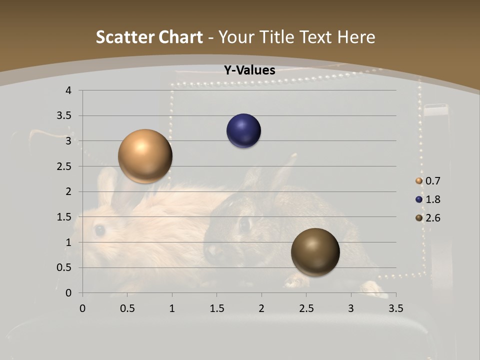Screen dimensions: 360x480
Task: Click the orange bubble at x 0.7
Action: pyautogui.click(x=145, y=156)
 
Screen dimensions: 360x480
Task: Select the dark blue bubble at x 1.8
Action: pyautogui.click(x=244, y=131)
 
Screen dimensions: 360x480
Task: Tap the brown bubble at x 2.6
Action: pyautogui.click(x=315, y=252)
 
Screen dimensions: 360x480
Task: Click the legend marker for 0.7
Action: pyautogui.click(x=419, y=181)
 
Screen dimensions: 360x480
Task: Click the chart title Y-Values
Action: pyautogui.click(x=249, y=70)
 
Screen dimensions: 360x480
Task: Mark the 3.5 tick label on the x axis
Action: pyautogui.click(x=395, y=308)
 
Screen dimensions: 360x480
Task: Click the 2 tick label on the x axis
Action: pyautogui.click(x=261, y=308)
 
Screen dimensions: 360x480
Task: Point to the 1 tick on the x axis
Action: pyautogui.click(x=172, y=308)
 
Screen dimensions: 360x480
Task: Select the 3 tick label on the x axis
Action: pyautogui.click(x=351, y=308)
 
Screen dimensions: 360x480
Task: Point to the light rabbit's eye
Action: pyautogui.click(x=99, y=230)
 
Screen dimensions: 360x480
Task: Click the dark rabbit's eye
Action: pyautogui.click(x=244, y=224)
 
